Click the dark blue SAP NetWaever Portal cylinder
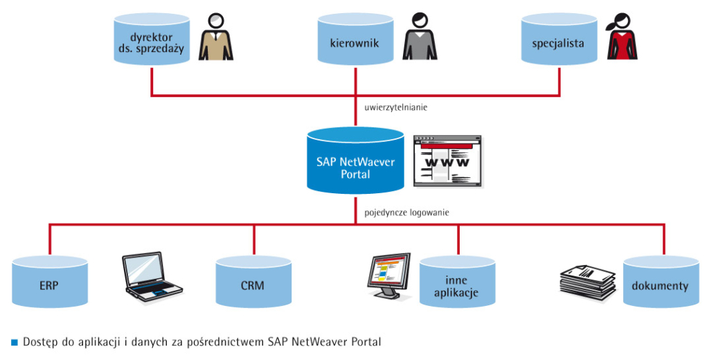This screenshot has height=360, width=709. (355, 161)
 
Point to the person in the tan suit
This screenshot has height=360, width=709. (216, 37)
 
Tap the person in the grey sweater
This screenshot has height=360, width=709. (420, 37)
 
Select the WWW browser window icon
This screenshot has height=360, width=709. (448, 161)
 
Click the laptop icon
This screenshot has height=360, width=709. (152, 276)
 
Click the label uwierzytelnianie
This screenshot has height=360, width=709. (395, 107)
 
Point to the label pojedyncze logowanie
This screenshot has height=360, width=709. (407, 212)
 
